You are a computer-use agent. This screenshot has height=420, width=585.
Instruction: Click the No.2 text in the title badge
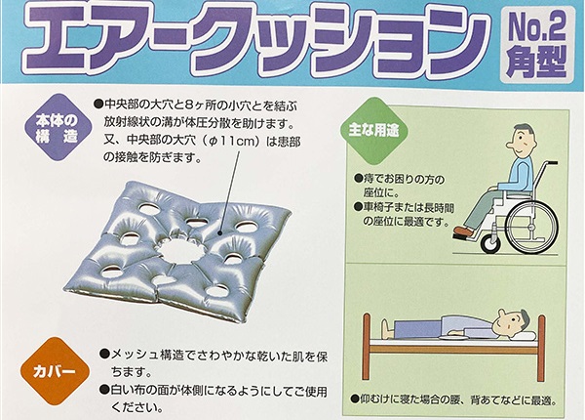pos(536,27)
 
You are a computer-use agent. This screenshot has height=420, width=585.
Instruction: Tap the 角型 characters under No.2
pos(536,62)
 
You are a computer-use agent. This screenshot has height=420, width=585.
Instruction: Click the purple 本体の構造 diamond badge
pos(58,128)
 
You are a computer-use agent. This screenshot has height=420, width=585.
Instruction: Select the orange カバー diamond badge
pos(55,371)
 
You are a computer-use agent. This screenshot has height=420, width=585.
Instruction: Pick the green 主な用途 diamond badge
pos(373,131)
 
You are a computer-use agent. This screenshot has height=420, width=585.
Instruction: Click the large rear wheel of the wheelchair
pos(534,228)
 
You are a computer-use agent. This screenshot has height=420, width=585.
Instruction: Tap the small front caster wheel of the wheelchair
pos(491,243)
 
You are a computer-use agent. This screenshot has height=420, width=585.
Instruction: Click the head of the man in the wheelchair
pos(521,141)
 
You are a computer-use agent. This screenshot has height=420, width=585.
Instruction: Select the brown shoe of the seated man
pos(464,231)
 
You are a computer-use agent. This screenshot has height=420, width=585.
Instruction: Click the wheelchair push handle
pos(552,163)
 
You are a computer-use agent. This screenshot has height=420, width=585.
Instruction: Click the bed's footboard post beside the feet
pos(367,347)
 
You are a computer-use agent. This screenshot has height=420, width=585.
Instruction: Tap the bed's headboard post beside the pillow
pos(541,348)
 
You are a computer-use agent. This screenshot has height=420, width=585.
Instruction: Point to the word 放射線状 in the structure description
pos(126,122)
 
